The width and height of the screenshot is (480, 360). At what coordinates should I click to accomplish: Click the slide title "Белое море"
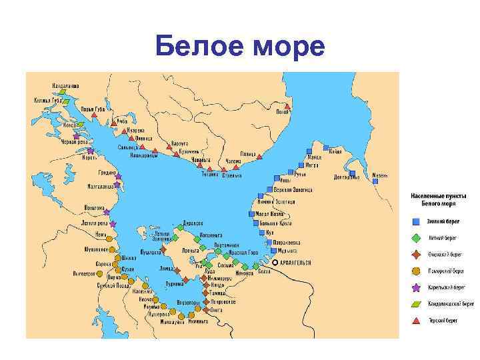(239, 47)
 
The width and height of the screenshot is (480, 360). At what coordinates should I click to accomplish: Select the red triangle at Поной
(287, 106)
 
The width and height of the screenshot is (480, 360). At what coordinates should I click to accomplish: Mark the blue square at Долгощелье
(357, 177)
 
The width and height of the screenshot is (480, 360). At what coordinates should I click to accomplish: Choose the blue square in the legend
(415, 221)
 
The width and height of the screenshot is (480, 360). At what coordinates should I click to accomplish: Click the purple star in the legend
(415, 287)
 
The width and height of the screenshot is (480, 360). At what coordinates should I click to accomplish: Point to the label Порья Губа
(92, 108)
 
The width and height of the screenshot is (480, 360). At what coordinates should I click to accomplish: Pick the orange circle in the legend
(415, 271)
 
